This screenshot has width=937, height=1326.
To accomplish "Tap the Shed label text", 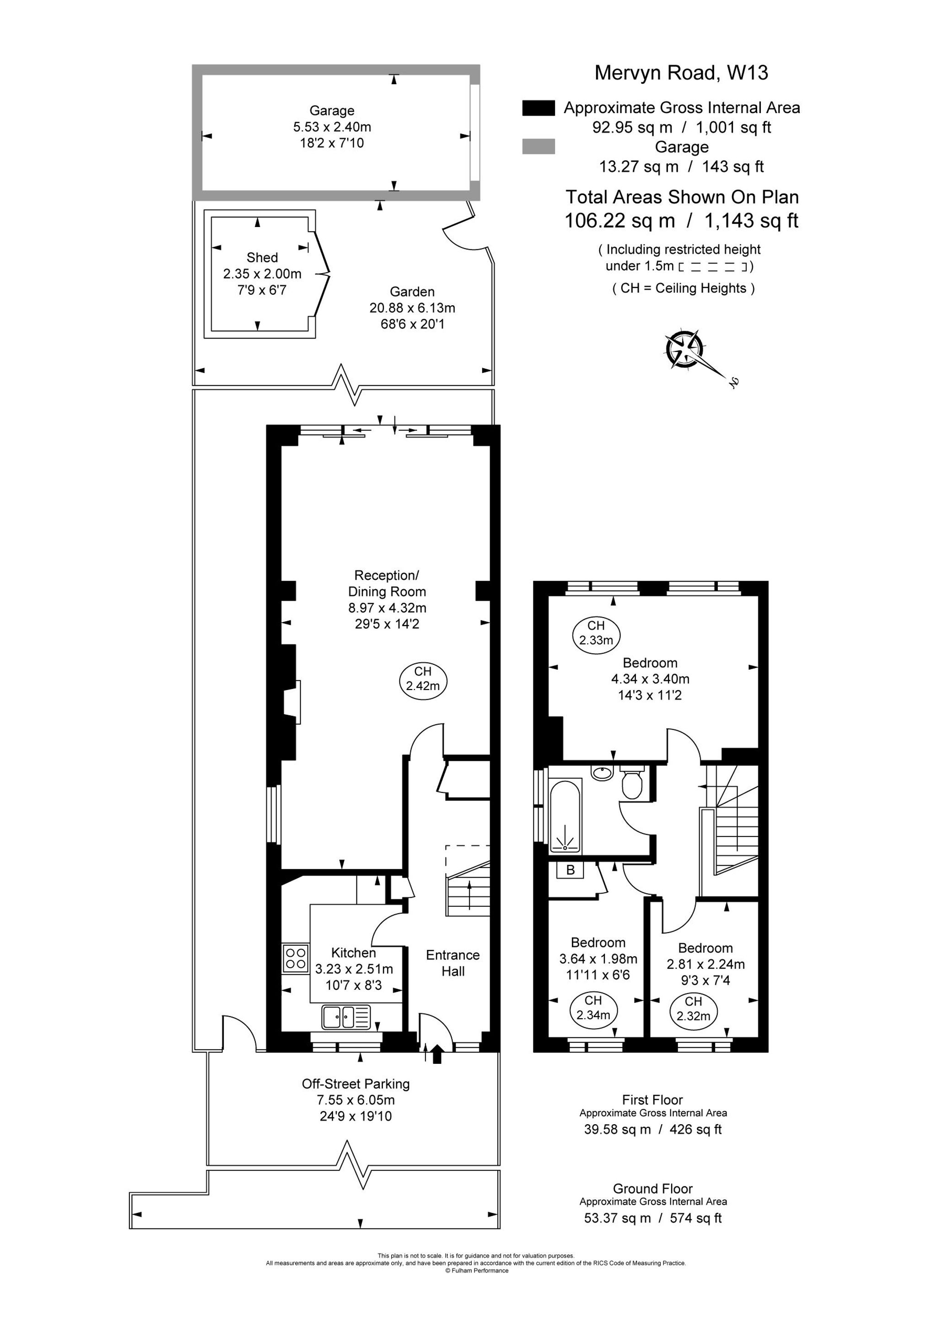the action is [x=262, y=258].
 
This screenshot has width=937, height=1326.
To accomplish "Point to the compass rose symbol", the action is [x=685, y=350].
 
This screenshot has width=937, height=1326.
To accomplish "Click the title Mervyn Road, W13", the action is [x=681, y=73].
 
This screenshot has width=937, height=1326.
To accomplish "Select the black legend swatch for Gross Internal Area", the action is [x=538, y=108].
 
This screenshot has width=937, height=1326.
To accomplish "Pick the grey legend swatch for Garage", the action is [x=538, y=147].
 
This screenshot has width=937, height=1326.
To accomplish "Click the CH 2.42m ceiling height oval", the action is [x=423, y=679].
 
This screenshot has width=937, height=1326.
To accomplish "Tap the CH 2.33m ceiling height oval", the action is [x=597, y=633].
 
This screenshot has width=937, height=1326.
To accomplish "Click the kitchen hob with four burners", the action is [x=296, y=959].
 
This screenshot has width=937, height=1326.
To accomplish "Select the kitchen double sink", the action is [x=346, y=1016].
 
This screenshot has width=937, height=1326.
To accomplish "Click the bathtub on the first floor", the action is [x=566, y=815].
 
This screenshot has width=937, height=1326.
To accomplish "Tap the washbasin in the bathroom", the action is [x=602, y=773].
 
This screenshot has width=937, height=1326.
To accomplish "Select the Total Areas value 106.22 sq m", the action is [x=620, y=221].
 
